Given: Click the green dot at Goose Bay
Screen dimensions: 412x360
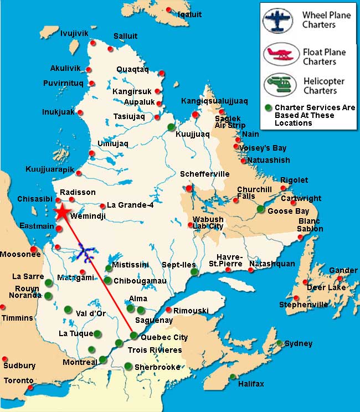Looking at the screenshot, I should click(x=260, y=209).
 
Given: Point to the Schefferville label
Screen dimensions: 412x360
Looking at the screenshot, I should click(x=204, y=174).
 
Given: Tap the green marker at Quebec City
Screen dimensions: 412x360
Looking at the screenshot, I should click(x=133, y=334).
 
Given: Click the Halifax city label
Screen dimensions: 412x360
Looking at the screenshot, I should click(x=251, y=384).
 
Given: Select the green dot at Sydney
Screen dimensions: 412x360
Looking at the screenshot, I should click(x=280, y=343).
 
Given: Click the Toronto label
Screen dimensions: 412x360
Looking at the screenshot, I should click(x=19, y=380).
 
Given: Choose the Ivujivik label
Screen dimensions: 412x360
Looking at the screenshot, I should click(x=74, y=33).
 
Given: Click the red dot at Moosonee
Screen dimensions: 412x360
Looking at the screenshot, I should click(x=34, y=249).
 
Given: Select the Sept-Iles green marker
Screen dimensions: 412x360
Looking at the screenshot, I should click(x=193, y=272).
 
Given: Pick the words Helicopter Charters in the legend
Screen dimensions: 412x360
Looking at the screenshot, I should click(x=323, y=86).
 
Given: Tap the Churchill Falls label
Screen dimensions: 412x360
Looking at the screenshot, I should click(x=254, y=192).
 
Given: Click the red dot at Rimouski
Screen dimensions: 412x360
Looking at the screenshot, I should click(x=169, y=310).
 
